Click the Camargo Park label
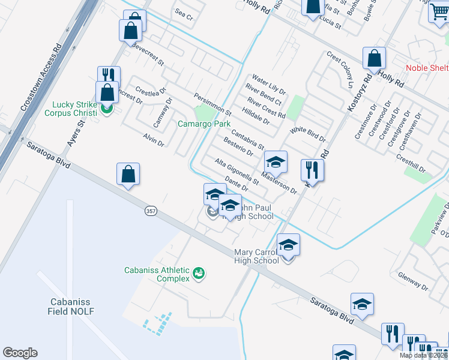pos(204,124)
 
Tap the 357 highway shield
pos(151,211)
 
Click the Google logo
pos(20,353)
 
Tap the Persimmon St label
pos(212,104)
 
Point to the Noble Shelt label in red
pos(427,68)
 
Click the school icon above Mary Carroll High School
pos(288,245)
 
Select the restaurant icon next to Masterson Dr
pos(312,170)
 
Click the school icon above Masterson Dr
pos(276,162)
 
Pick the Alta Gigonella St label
pos(237,172)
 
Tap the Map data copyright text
pos(423,355)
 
